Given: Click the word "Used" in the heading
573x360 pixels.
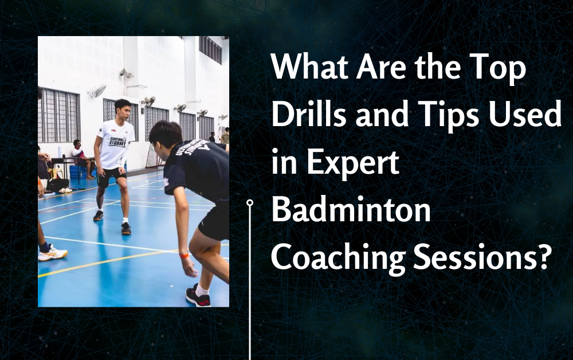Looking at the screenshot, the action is (525, 114).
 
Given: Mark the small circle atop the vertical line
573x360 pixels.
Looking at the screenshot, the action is (250, 202).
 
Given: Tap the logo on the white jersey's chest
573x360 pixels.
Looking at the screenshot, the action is (117, 142).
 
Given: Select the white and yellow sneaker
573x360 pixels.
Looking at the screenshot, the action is (53, 253).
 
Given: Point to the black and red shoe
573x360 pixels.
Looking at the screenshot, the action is (198, 296).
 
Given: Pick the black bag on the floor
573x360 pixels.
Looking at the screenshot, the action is (57, 185).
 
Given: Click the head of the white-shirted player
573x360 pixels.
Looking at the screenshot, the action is (123, 109).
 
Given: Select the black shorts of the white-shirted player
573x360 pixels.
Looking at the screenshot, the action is (112, 177).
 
